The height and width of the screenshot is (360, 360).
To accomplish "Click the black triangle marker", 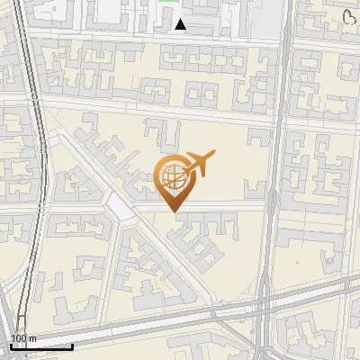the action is click(x=181, y=24).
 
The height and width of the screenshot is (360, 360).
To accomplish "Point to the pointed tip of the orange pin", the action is click(x=175, y=211).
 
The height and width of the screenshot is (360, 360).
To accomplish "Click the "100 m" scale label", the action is click(x=23, y=338).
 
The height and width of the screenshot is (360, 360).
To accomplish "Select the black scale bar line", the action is click(x=40, y=346).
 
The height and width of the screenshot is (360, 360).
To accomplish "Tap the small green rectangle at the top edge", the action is click(x=167, y=2).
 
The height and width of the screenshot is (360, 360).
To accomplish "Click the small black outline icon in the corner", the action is click(x=350, y=16).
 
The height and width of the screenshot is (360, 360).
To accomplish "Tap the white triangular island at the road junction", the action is click(x=120, y=208).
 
